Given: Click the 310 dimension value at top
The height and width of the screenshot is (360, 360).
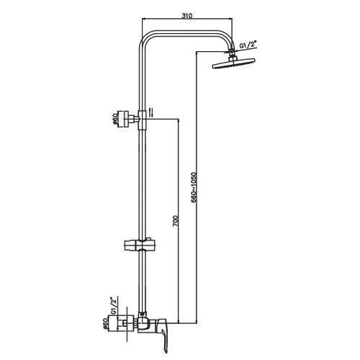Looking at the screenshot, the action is click(x=187, y=16).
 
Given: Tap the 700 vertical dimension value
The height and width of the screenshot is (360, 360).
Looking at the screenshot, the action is click(x=176, y=222).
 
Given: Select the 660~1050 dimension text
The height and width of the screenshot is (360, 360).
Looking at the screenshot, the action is click(x=194, y=188).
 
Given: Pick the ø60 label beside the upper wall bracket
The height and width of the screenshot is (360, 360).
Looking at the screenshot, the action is click(x=116, y=119).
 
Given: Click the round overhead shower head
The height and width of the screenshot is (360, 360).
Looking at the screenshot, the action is click(x=234, y=63).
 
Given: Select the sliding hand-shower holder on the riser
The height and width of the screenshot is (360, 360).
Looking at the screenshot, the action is click(x=140, y=245).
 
